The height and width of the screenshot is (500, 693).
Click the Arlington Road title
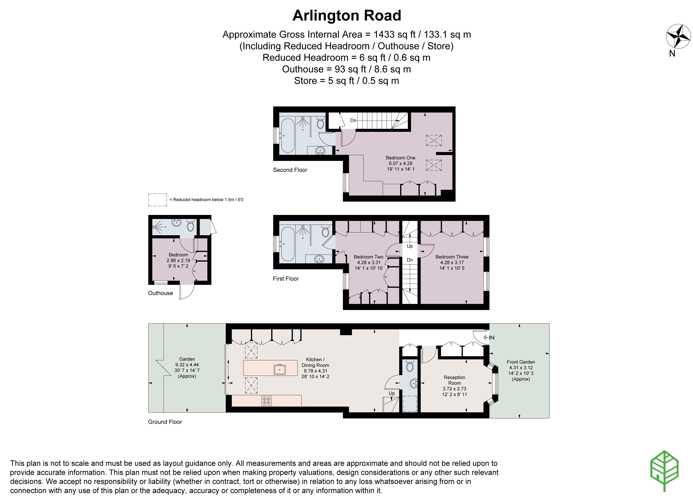(346, 16)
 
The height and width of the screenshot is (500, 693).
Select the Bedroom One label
(400, 158)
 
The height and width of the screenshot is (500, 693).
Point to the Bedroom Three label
(452, 257)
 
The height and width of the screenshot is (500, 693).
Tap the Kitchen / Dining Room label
(315, 362)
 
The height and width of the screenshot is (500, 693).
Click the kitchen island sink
(280, 369)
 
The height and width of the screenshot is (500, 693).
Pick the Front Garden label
(521, 362)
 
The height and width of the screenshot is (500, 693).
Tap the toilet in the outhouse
(190, 225)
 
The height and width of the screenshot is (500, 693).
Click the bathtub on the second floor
(287, 136)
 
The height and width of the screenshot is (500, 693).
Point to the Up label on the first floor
(410, 246)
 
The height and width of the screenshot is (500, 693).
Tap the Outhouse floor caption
(160, 293)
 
